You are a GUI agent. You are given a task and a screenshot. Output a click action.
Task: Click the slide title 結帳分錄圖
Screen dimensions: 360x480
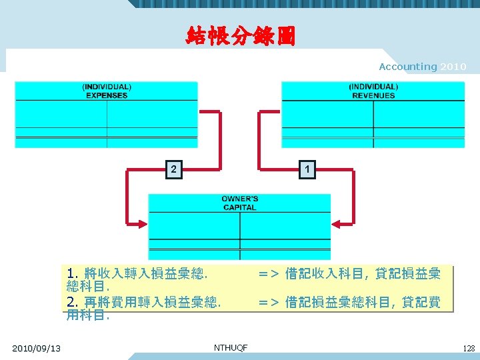pos(240,36)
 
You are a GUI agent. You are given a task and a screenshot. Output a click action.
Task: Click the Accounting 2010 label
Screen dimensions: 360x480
pos(423,67)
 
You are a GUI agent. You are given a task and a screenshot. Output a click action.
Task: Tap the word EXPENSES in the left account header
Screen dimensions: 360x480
pos(107,95)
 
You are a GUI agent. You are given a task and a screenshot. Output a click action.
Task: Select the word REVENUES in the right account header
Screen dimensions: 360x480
pos(373,95)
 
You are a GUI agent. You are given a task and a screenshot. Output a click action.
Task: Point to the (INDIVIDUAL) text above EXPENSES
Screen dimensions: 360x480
pos(107,87)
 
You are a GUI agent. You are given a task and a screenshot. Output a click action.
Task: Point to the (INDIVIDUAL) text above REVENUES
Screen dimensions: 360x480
pos(373,87)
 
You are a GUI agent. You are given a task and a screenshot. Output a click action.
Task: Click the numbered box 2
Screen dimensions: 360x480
pos(173,169)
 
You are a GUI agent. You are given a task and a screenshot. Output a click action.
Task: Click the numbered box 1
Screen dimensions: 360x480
pos(306,169)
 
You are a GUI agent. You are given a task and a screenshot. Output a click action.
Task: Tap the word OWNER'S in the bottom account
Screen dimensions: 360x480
pos(240,199)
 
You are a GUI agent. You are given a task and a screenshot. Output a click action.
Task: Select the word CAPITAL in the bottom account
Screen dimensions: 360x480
pos(240,207)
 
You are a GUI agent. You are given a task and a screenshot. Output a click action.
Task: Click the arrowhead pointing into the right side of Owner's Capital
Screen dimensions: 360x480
pos(338,223)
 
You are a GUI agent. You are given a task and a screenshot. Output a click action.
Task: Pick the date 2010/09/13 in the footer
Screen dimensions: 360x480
pos(36,348)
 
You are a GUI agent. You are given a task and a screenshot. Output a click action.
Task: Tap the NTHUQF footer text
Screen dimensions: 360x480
pos(231,348)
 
